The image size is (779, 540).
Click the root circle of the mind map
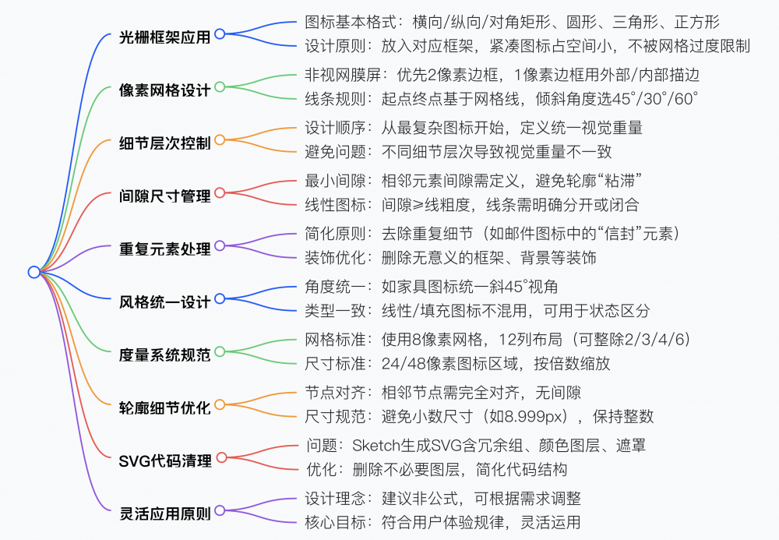tap(33, 272)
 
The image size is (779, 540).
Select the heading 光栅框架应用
tap(165, 37)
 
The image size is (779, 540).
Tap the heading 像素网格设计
tap(165, 90)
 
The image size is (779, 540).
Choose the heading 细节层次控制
tap(165, 143)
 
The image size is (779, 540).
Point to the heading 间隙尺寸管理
tap(165, 196)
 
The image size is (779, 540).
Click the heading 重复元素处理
tap(165, 249)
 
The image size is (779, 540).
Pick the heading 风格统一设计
tap(165, 302)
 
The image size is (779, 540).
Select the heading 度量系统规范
tap(165, 355)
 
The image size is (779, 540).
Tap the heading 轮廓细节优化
tap(165, 408)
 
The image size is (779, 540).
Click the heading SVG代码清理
tap(165, 461)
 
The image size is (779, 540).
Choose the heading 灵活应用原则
tap(165, 514)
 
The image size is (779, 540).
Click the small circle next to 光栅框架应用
tap(220, 34)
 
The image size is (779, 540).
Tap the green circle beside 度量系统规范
tap(220, 351)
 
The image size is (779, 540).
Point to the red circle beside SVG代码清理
tap(220, 457)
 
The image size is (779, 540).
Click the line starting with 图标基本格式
tap(512, 22)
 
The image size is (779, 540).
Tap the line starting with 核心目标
tap(442, 522)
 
